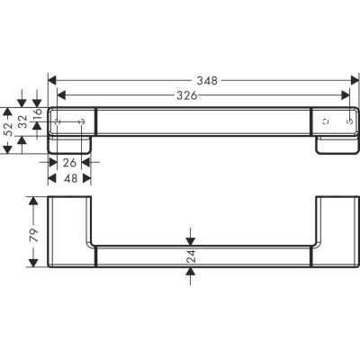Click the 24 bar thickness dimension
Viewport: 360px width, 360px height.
pyautogui.click(x=189, y=259)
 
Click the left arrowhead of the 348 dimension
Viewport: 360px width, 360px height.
pyautogui.click(x=51, y=80)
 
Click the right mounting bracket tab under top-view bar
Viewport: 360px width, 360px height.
pyautogui.click(x=335, y=145)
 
